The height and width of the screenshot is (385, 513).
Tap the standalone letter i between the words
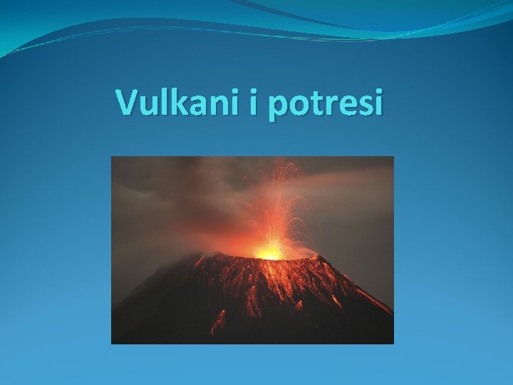pos(254,103)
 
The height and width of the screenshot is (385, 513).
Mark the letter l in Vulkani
pos(162,102)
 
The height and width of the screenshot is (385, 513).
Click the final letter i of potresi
pos(377,103)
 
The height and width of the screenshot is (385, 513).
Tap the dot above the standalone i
pos(254,92)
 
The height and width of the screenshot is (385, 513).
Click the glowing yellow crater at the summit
pos(269,252)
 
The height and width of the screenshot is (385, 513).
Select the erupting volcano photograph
pos(252,250)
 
